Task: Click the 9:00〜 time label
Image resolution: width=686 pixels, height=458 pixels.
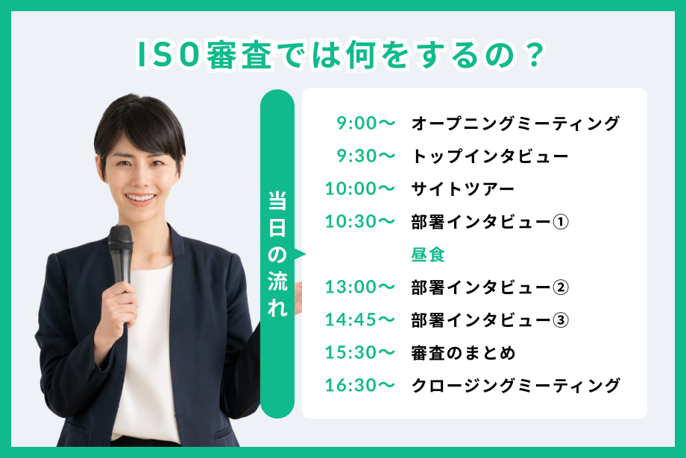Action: [x=366, y=123]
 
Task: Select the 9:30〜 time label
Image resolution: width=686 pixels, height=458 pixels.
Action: [x=366, y=156]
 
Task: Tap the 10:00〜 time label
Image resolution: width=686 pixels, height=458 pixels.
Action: [x=359, y=188]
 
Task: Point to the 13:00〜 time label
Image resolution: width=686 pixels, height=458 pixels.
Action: [x=359, y=287]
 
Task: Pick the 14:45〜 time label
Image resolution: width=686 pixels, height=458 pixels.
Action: [x=359, y=319]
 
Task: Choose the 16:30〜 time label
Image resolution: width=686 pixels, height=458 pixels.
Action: [x=359, y=385]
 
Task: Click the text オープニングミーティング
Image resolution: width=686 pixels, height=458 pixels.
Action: [x=515, y=123]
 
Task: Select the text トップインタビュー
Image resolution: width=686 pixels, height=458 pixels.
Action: [x=490, y=156]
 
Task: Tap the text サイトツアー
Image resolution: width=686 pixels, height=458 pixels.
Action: [x=463, y=189]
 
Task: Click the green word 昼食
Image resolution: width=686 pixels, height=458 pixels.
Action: [x=428, y=255]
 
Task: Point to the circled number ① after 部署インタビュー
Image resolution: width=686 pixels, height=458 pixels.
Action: [x=561, y=222]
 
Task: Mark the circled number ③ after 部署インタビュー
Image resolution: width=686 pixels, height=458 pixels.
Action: [x=561, y=320]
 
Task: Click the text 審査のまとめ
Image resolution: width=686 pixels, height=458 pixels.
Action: [x=463, y=353]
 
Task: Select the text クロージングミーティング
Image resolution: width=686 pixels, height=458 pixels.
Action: [x=515, y=386]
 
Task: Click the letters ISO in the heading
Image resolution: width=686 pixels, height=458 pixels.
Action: [x=168, y=55]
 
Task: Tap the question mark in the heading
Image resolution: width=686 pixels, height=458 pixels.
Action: [x=534, y=55]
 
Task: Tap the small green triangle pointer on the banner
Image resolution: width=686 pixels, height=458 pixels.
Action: [x=300, y=254]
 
